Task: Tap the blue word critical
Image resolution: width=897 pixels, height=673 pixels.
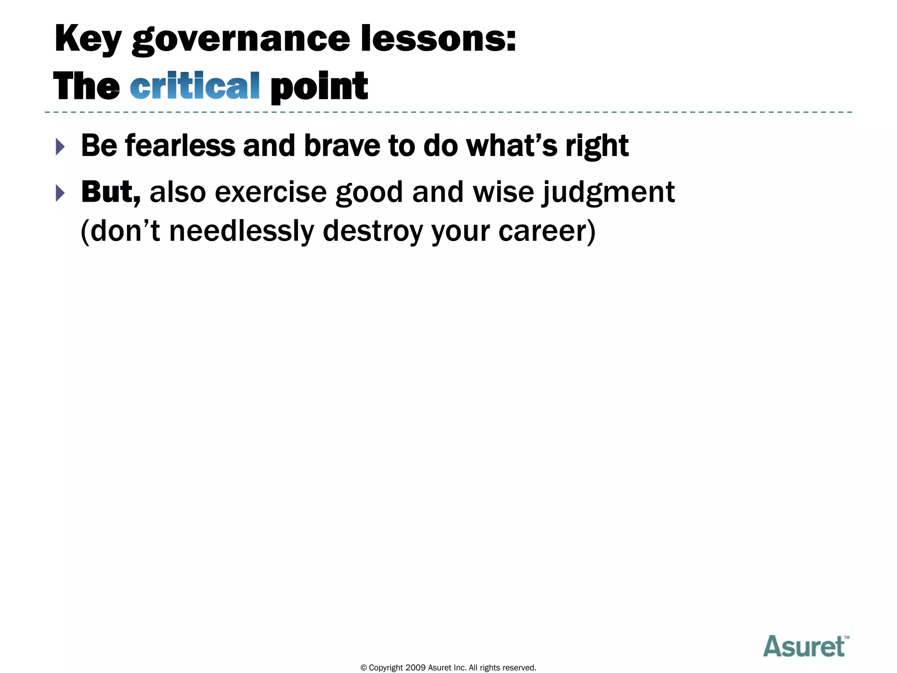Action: point(195,86)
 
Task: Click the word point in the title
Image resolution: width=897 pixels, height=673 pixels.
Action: point(319,86)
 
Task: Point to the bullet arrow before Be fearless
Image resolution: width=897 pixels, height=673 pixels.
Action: point(60,147)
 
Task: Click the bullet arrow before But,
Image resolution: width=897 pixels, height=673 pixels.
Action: point(60,193)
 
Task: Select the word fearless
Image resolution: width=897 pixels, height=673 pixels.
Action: point(180,145)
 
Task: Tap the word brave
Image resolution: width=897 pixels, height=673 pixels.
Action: point(342,145)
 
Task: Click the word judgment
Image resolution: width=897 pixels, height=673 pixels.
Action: point(608,193)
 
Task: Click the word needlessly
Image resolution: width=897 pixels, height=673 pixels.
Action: point(241,231)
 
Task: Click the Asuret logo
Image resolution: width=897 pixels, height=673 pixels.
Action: point(805,647)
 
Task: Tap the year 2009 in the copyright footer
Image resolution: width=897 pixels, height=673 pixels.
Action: point(415,668)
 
